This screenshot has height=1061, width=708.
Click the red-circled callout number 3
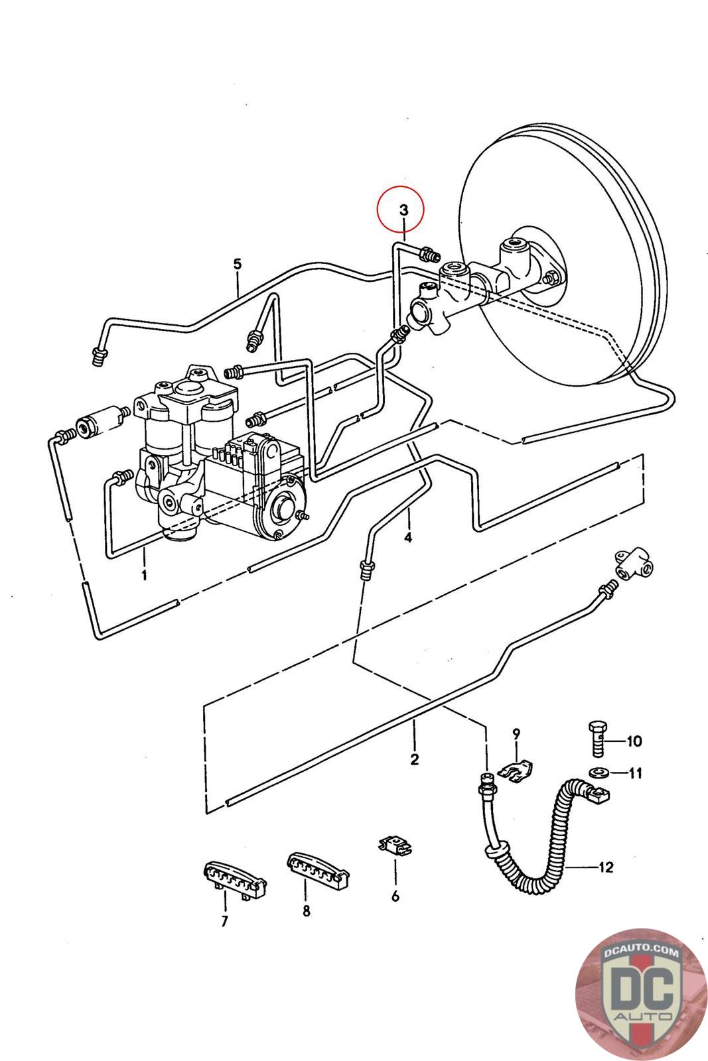click(x=403, y=210)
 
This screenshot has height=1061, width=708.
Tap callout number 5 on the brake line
click(x=238, y=264)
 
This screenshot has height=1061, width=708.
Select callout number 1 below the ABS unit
click(x=144, y=575)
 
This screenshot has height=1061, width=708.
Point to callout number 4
click(x=407, y=538)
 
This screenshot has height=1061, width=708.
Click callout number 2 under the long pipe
click(x=414, y=759)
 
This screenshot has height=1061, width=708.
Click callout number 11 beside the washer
click(x=635, y=773)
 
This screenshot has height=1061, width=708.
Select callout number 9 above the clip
click(x=516, y=734)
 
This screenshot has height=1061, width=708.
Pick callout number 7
click(x=225, y=921)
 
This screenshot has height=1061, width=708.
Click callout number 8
click(x=306, y=910)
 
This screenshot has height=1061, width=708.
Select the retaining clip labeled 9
click(x=516, y=771)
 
